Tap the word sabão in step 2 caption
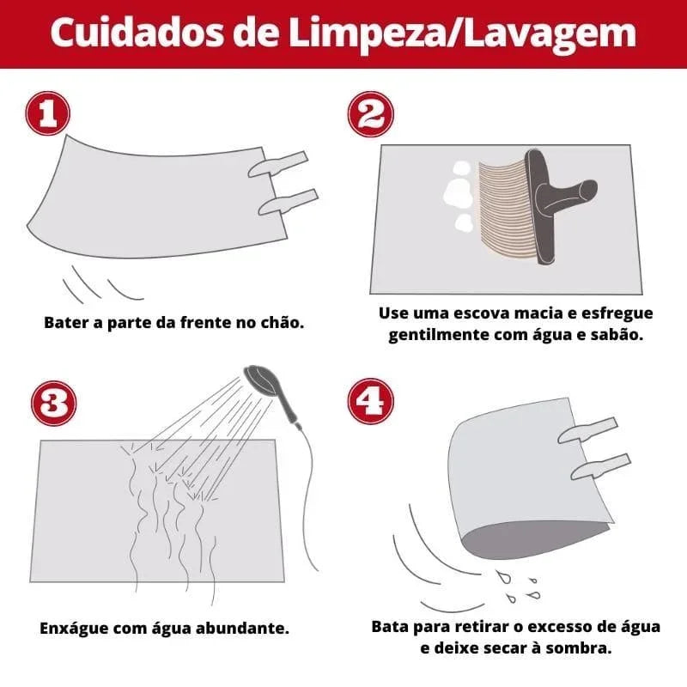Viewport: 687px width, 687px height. [x=616, y=334]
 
